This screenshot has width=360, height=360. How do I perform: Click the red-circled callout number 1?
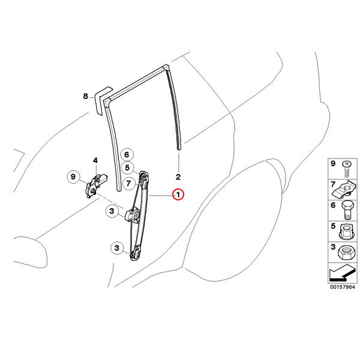(178, 195)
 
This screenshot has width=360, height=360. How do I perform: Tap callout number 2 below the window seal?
(178, 177)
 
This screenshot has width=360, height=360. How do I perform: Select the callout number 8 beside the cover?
(86, 96)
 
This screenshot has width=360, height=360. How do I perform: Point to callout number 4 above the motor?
(95, 160)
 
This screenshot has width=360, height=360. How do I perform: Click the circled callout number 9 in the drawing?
(73, 177)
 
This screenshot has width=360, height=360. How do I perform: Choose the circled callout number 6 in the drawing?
(127, 155)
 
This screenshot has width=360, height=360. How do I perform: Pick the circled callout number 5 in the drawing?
(127, 167)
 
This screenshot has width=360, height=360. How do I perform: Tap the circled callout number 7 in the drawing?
(128, 184)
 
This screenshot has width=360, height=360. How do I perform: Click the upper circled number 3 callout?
(112, 211)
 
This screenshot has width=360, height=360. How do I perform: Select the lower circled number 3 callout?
(117, 248)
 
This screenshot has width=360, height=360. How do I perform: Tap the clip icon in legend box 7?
(345, 190)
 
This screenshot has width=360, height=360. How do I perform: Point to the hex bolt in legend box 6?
(347, 211)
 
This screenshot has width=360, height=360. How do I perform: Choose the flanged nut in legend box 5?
(346, 232)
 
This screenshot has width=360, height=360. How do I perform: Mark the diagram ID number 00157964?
(343, 287)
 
